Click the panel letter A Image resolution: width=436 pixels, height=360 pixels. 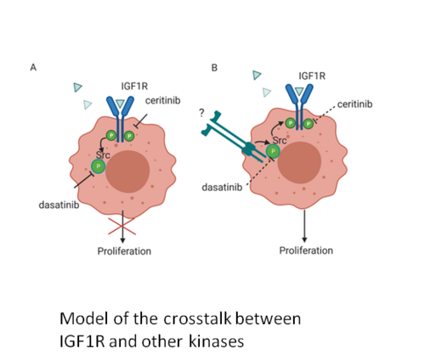(x=33, y=68)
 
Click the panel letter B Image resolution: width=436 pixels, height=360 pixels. (x=214, y=68)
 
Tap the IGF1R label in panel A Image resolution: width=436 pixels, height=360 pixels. (x=134, y=86)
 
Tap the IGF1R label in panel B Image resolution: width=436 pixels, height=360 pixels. (x=312, y=76)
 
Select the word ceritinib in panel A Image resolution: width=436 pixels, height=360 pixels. (x=163, y=100)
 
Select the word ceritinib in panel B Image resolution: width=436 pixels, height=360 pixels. (x=354, y=104)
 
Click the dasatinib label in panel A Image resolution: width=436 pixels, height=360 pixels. (x=59, y=205)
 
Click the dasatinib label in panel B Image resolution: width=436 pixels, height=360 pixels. (x=222, y=187)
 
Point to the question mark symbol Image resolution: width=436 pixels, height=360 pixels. (x=201, y=113)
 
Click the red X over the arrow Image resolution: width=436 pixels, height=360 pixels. (x=122, y=226)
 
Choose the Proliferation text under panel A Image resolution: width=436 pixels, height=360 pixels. (x=124, y=251)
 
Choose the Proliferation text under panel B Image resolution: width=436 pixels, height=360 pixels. (x=306, y=250)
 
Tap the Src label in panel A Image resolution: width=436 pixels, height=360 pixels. (x=103, y=155)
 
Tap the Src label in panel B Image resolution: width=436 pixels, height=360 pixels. (x=280, y=140)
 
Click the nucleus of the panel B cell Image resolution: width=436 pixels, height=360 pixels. (x=299, y=162)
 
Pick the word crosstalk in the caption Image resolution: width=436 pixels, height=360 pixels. (x=197, y=318)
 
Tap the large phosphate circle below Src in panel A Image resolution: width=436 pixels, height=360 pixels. (x=99, y=166)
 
